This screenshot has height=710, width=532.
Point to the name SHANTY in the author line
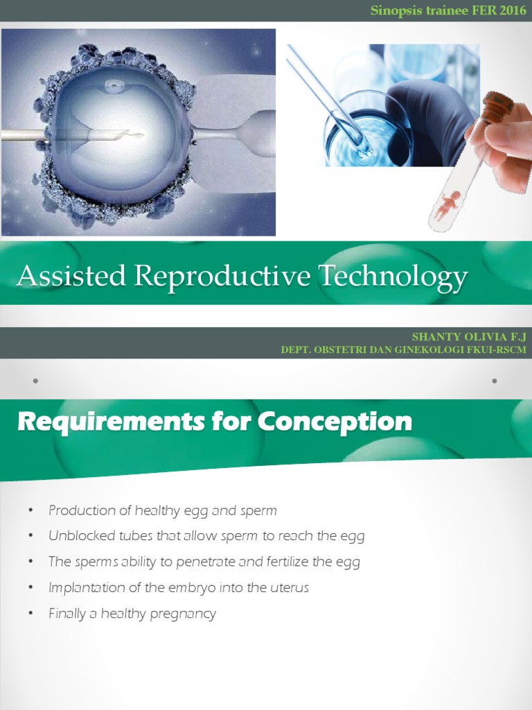tap(434, 336)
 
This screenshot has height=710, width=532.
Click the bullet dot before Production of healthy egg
tap(31, 511)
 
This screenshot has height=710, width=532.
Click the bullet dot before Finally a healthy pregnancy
tap(31, 614)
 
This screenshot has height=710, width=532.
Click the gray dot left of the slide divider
tap(35, 381)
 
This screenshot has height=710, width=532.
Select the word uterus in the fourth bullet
tap(290, 587)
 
